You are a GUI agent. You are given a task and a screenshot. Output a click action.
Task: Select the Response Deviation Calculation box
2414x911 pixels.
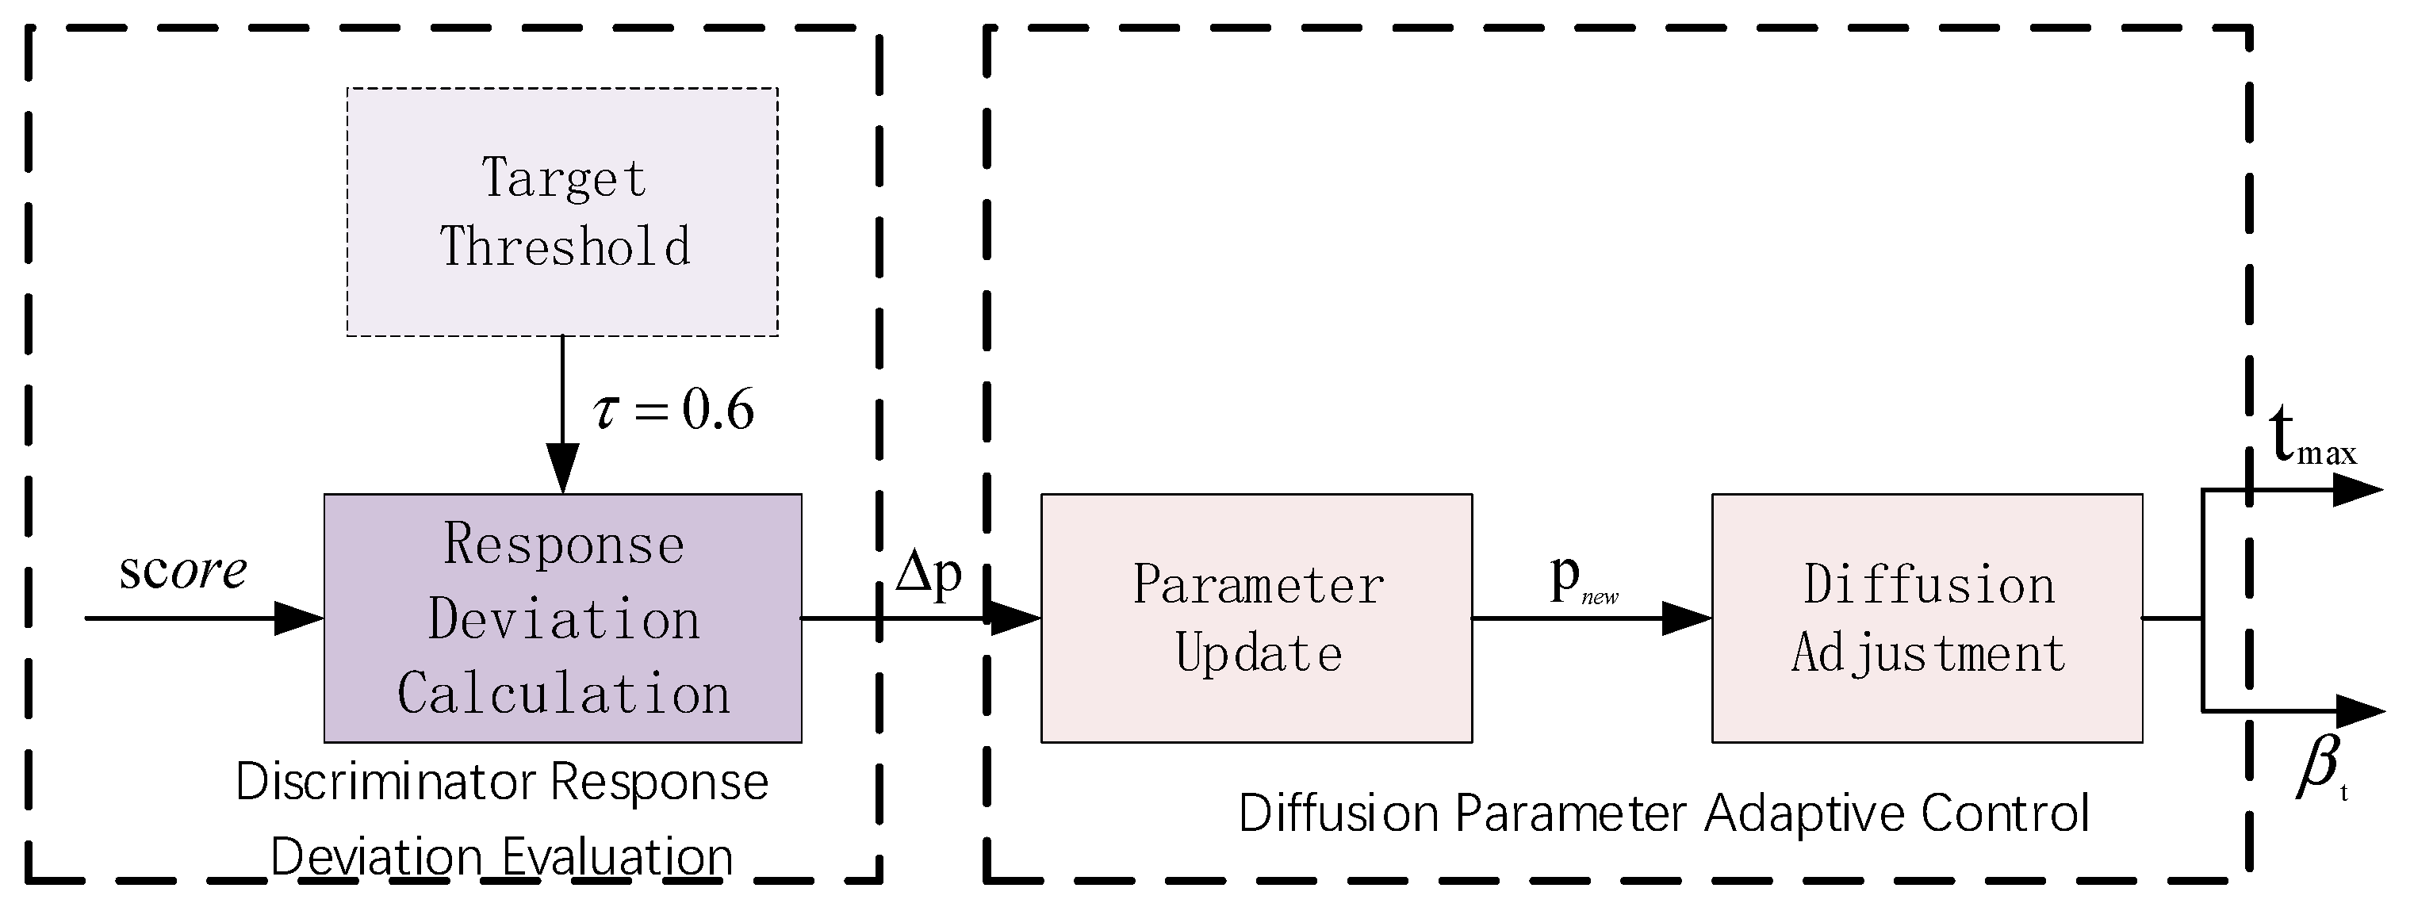click(x=562, y=618)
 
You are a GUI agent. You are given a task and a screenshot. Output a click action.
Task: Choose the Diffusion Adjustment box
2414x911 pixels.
click(x=1928, y=618)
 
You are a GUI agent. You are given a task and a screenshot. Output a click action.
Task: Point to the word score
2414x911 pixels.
click(x=182, y=570)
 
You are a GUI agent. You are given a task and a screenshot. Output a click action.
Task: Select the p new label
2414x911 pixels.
click(x=1582, y=580)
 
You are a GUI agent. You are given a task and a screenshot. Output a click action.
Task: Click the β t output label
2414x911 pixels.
click(x=2320, y=768)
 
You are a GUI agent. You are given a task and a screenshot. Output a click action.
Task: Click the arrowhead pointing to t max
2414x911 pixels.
click(x=2356, y=489)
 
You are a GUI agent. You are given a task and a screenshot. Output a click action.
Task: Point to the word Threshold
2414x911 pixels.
click(x=565, y=247)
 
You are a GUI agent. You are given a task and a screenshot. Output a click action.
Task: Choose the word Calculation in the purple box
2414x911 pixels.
click(x=563, y=695)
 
